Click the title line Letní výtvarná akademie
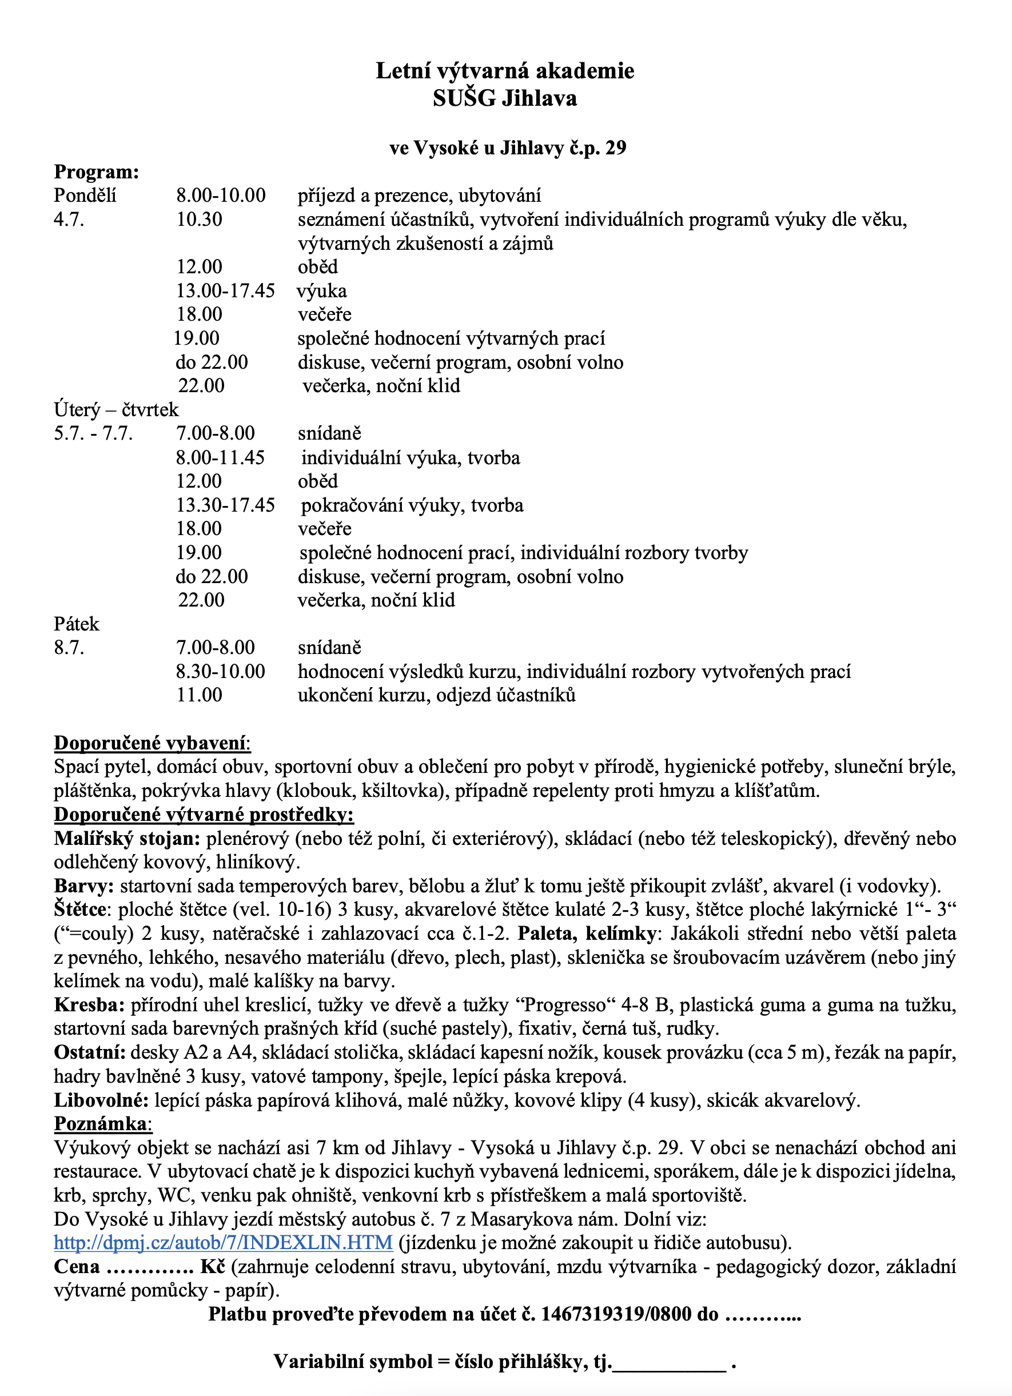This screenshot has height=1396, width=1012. pos(505,71)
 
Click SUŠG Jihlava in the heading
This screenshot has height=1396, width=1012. pos(505,98)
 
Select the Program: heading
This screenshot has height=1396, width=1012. pos(97,171)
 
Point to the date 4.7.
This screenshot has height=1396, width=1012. pos(69,220)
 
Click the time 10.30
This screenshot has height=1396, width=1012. pos(200,220)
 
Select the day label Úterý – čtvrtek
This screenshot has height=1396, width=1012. pos(116,410)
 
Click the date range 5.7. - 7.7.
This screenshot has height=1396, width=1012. pos(94,433)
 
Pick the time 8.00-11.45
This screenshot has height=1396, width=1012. pos(220,457)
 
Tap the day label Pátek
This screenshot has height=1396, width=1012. pos(77,624)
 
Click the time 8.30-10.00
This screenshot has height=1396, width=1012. pos(220,672)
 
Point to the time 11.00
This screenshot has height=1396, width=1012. pos(200,696)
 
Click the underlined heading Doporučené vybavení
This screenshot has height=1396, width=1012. pos(152,743)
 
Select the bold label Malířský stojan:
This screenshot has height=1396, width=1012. pos(127,838)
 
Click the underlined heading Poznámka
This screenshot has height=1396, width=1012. pos(102,1124)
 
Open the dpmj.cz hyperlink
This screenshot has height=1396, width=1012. pos(223,1243)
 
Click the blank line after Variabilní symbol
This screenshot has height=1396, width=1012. pos(669,1362)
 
